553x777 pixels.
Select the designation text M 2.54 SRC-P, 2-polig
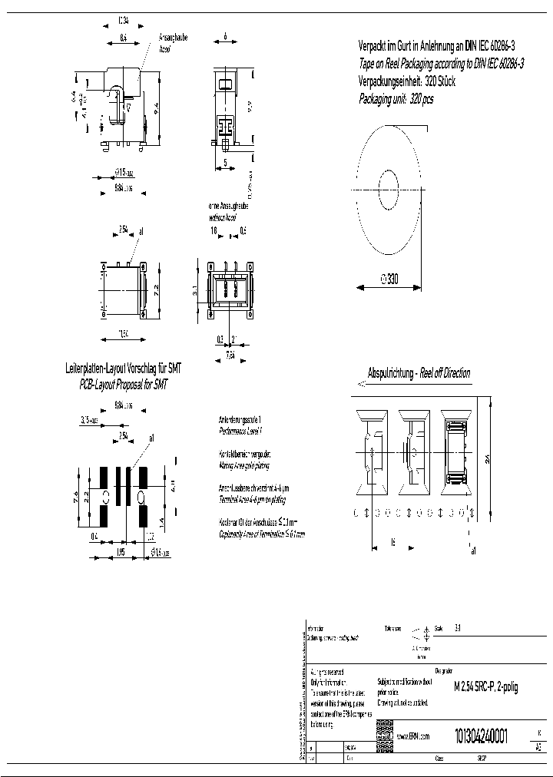[486, 687]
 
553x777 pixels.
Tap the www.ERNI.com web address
[413, 736]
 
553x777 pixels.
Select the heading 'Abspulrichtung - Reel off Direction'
[419, 373]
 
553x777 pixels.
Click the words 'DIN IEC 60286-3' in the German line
[492, 46]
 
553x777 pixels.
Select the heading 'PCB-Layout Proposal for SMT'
[124, 383]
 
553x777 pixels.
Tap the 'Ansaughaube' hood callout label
[173, 36]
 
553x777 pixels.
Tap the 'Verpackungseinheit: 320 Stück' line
[407, 81]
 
